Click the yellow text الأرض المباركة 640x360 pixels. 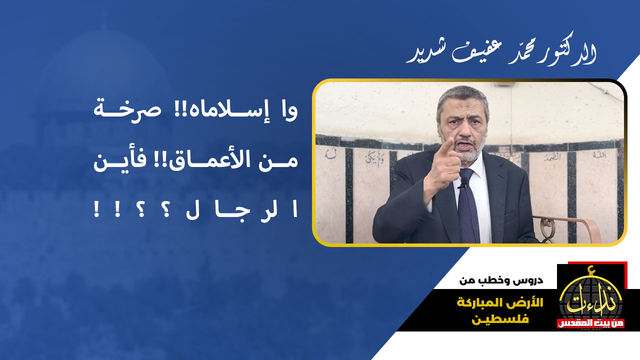(x=500, y=302)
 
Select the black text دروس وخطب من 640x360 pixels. (x=501, y=280)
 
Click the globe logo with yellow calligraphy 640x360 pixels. (x=591, y=300)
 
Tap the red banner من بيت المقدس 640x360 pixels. (x=590, y=323)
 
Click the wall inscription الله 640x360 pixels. (x=599, y=155)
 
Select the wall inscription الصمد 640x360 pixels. (x=552, y=157)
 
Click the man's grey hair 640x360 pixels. (x=463, y=97)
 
